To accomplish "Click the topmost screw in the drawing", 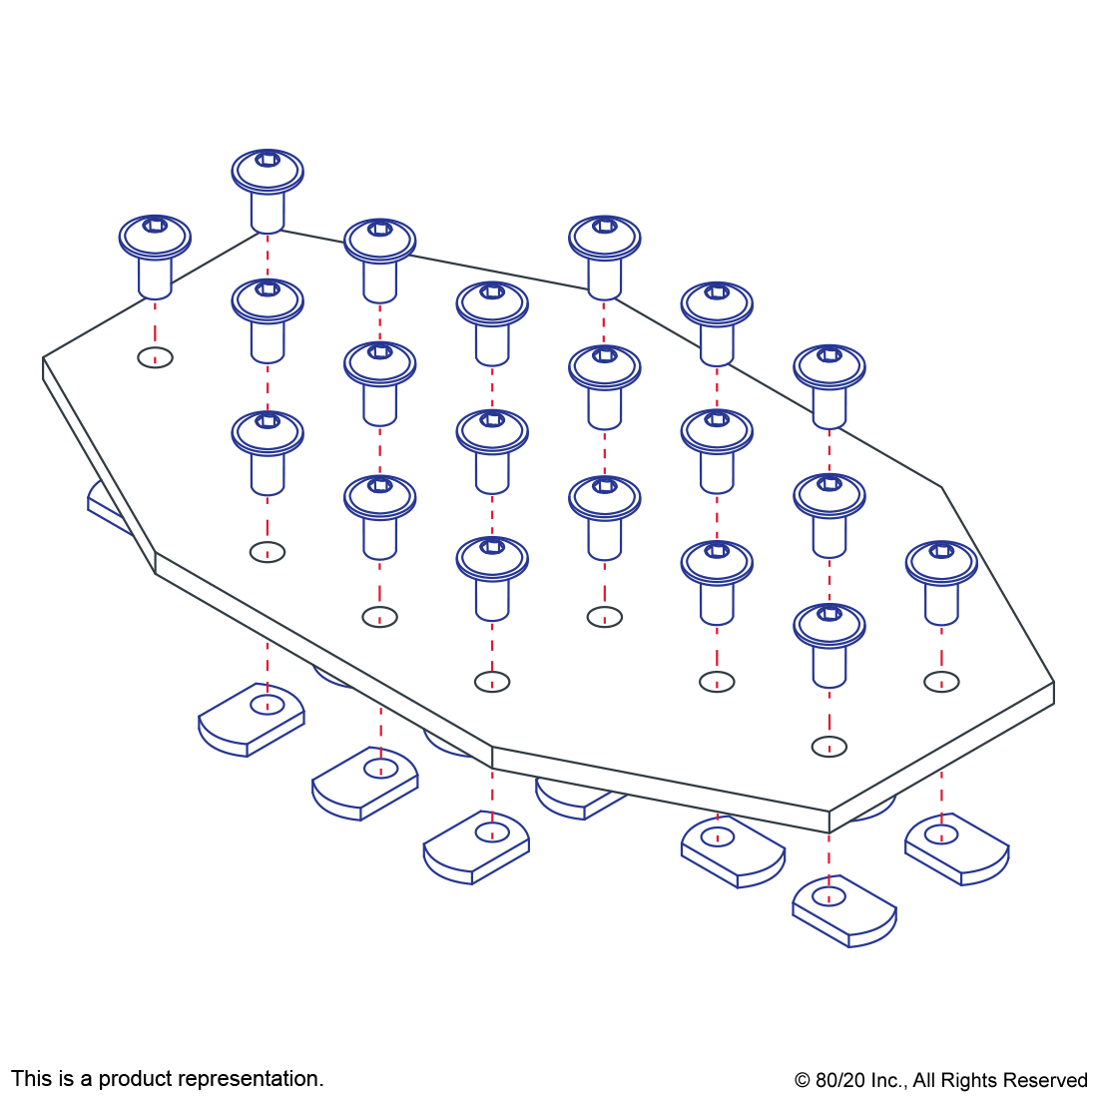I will pos(268,190).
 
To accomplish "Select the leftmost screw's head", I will pos(155,236).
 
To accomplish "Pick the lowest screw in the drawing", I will pos(828,644).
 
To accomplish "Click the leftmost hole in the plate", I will pos(155,357).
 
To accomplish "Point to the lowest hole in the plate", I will pos(828,747).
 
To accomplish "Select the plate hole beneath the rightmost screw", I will pos(941,682).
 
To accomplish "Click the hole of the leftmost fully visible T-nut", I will pos(267,705).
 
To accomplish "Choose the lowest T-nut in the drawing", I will pos(844,910).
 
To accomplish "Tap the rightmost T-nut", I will pos(957,847).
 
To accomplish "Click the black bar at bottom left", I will pos(167,1080).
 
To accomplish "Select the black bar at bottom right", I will pos(940,1082).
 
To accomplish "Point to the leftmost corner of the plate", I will pos(43,357).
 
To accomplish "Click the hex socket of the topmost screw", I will pos(268,160).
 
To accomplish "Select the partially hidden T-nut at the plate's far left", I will pos(106,504).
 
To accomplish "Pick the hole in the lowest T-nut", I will pos(828,896).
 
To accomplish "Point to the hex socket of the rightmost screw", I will pos(941,550).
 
